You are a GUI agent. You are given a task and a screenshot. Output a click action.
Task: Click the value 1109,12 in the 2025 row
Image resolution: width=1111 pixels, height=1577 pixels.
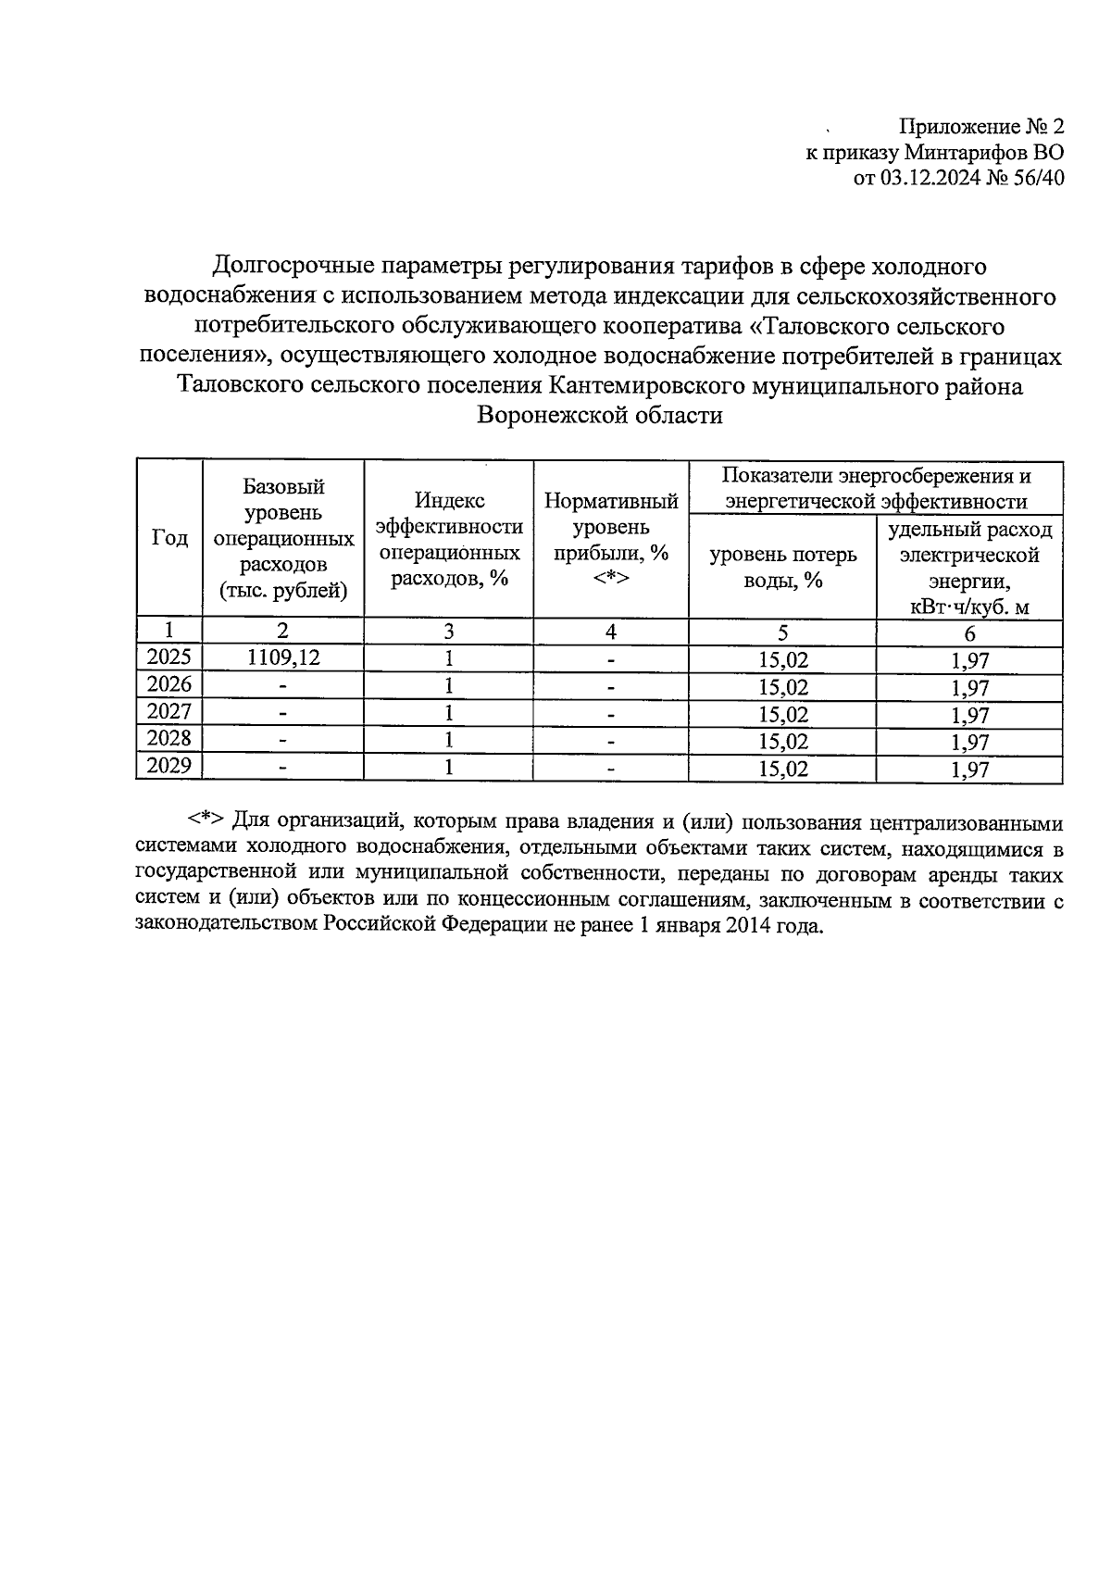pyautogui.click(x=282, y=658)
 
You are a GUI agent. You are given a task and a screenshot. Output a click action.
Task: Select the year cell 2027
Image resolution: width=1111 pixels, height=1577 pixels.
pyautogui.click(x=169, y=712)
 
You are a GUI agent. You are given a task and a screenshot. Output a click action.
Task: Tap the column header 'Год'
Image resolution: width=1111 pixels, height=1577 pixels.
pyautogui.click(x=169, y=538)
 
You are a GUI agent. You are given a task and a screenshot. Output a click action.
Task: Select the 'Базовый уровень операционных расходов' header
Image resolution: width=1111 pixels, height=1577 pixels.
pyautogui.click(x=282, y=538)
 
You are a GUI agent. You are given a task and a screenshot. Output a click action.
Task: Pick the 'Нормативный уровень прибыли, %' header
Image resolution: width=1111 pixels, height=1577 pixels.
pyautogui.click(x=611, y=540)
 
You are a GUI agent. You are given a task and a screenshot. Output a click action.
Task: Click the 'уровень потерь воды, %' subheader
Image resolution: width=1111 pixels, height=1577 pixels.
pyautogui.click(x=782, y=567)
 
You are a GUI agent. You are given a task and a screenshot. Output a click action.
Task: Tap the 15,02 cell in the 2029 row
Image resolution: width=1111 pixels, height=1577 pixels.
pyautogui.click(x=782, y=768)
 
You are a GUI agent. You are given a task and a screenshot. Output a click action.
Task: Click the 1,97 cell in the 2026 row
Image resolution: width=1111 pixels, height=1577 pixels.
pyautogui.click(x=969, y=687)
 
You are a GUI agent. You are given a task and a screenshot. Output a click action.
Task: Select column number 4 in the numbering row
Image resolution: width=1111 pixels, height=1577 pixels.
pyautogui.click(x=611, y=632)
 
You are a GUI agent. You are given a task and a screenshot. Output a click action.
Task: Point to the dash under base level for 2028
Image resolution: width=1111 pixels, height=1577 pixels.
pyautogui.click(x=282, y=741)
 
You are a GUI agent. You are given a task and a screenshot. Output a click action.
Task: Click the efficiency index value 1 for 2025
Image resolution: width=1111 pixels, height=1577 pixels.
pyautogui.click(x=449, y=658)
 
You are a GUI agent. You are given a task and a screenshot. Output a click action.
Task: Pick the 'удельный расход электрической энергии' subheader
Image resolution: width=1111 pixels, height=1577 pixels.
pyautogui.click(x=969, y=567)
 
